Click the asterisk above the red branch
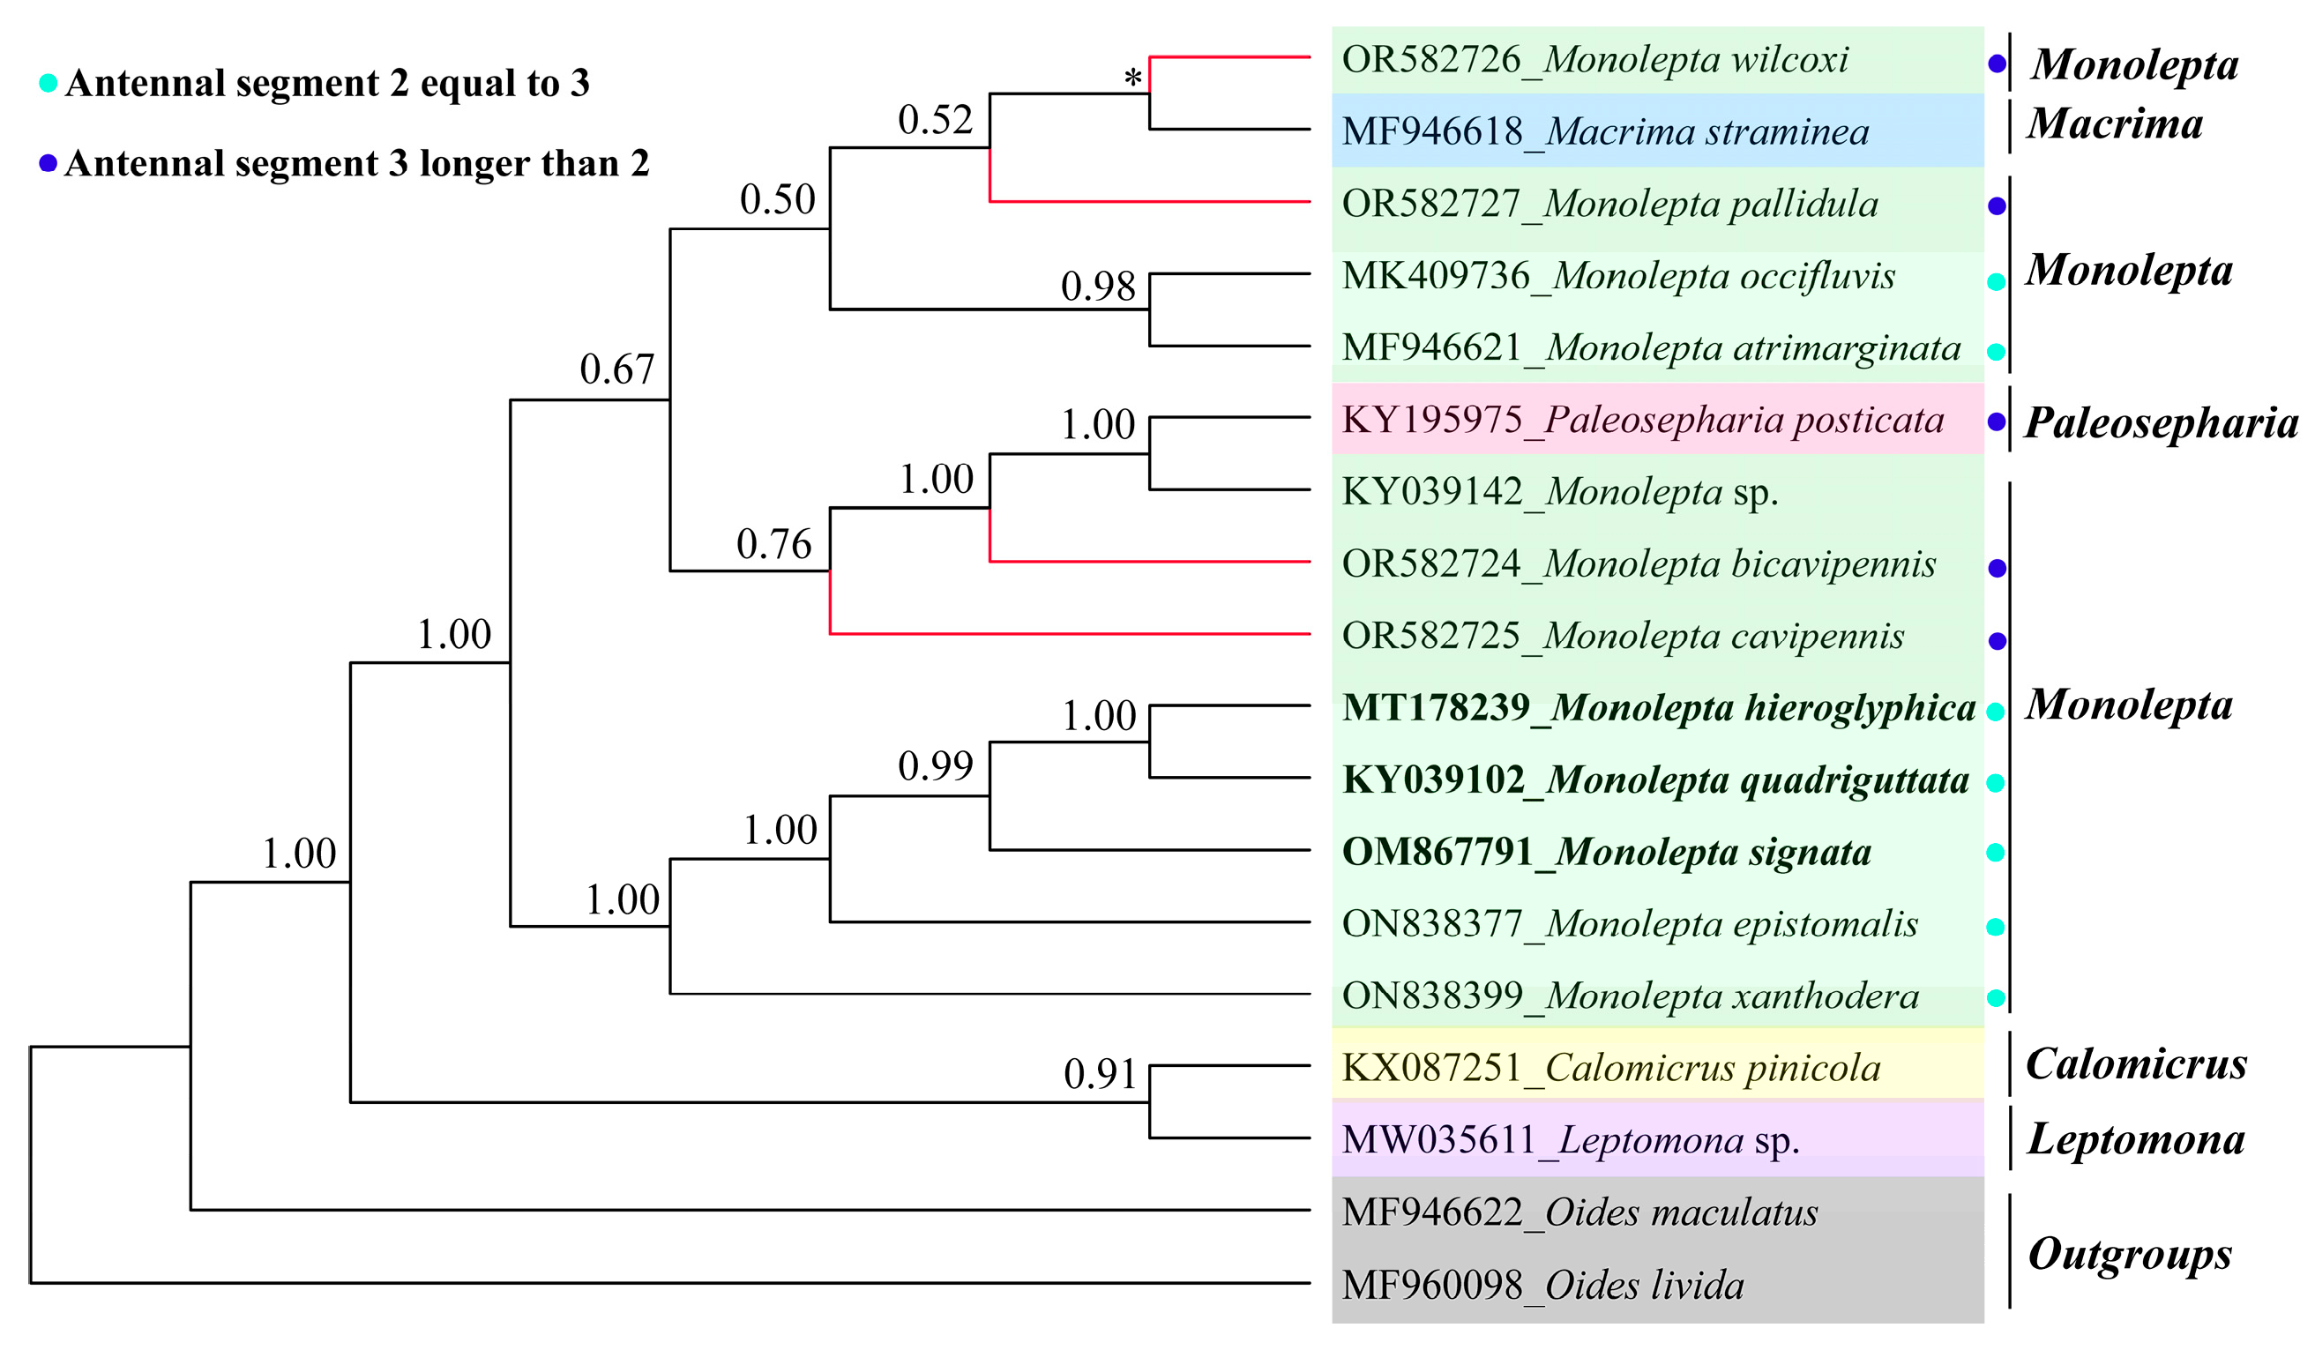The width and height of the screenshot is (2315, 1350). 1132,78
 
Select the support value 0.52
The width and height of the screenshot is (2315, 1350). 934,120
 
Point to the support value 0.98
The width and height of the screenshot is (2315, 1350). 1098,287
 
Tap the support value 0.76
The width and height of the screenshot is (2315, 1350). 773,545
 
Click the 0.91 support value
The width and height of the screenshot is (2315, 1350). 1100,1074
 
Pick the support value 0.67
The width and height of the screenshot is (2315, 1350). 616,369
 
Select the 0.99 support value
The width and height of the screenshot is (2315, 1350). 934,766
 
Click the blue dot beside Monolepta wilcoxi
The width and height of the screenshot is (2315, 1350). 1998,64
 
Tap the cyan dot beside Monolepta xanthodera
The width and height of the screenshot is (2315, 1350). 1995,997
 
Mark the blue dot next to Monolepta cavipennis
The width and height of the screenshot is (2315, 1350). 1998,641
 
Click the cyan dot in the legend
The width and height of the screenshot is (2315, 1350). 48,84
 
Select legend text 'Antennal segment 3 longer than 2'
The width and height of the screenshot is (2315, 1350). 356,164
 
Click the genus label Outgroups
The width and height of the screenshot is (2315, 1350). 2130,1254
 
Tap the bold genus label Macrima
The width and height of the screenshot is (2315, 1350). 2115,124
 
